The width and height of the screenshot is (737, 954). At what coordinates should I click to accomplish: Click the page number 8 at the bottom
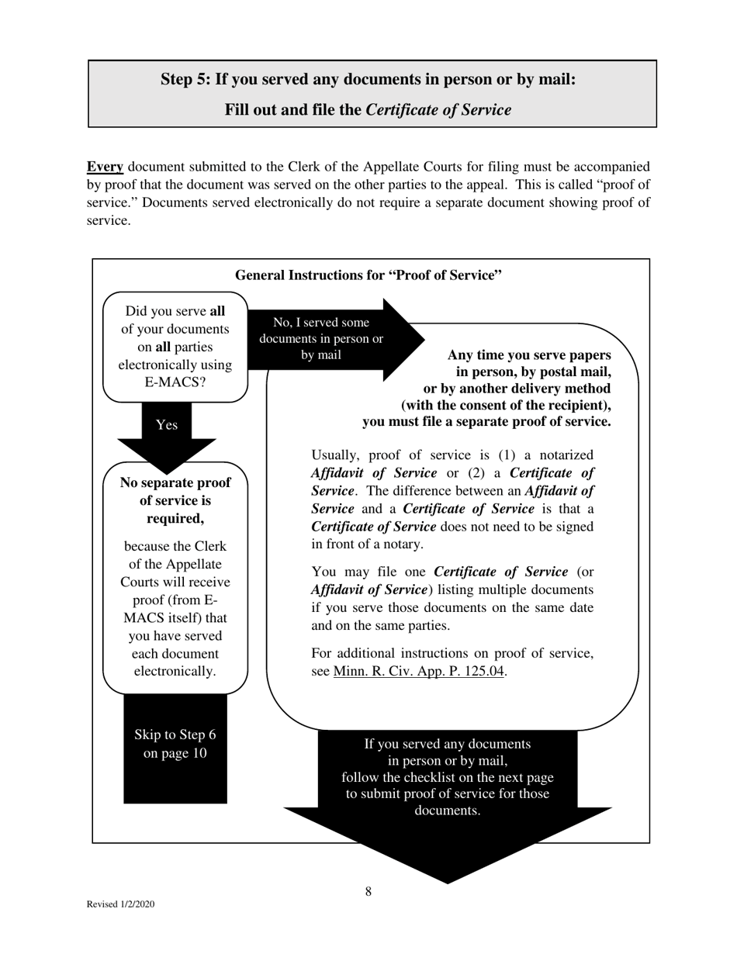point(368,892)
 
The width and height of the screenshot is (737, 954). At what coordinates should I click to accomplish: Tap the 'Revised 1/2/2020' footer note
point(120,904)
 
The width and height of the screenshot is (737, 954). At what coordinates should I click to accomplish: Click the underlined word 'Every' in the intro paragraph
point(105,167)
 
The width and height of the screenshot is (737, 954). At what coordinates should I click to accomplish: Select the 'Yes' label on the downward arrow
point(167,425)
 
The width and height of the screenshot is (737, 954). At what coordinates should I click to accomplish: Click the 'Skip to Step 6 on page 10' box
point(175,744)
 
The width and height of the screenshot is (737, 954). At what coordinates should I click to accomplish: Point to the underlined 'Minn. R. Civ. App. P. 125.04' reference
point(420,672)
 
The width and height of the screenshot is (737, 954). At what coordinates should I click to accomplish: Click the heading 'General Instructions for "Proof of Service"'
point(368,275)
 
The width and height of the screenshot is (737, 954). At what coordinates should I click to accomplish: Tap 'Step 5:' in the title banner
point(186,79)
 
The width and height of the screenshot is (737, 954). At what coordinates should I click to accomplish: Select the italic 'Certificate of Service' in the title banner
point(438,109)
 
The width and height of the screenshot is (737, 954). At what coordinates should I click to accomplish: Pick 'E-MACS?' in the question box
point(175,382)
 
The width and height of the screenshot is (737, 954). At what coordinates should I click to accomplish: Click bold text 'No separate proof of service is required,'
point(175,500)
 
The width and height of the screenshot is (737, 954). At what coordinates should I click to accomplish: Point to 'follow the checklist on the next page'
point(448,777)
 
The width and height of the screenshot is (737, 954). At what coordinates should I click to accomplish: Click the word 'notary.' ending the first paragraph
point(402,544)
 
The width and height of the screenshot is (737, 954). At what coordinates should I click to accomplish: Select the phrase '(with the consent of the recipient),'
point(506,405)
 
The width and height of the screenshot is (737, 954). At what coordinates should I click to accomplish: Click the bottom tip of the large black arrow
point(448,881)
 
